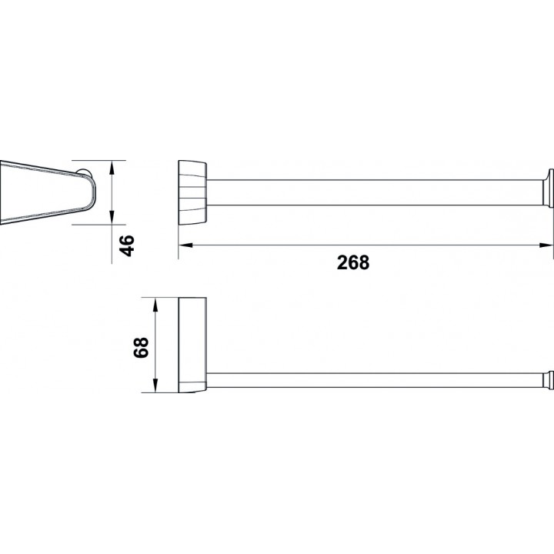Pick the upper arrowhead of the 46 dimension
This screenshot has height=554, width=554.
112,168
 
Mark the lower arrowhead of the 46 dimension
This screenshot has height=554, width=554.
112,217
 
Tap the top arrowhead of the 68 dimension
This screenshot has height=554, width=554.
155,186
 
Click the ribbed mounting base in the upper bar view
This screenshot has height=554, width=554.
192,192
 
